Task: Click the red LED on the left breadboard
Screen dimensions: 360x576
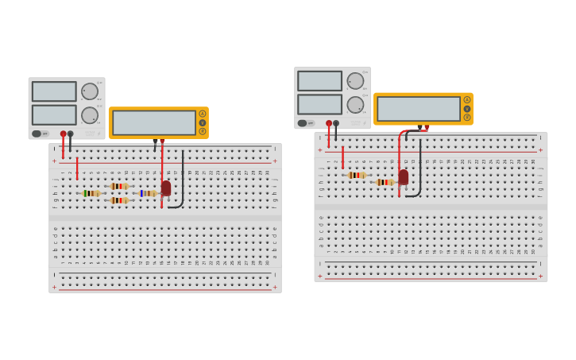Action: [x=166, y=188]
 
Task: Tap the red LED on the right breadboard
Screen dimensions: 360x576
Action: [x=404, y=176]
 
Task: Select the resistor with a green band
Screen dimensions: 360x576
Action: [x=91, y=193]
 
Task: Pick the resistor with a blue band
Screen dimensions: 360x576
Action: [x=147, y=193]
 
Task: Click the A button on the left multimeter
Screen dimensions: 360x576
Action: [x=203, y=114]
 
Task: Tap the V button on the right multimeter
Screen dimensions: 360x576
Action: [x=467, y=108]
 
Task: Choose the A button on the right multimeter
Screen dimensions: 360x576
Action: [x=467, y=99]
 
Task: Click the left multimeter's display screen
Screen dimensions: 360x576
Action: [x=154, y=122]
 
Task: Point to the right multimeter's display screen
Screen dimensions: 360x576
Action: [x=419, y=108]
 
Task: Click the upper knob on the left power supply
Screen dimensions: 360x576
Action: [x=90, y=91]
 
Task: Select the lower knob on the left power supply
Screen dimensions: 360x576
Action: [x=90, y=115]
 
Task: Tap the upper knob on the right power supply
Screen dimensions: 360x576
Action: [x=355, y=80]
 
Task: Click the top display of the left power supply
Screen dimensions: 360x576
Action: [x=54, y=91]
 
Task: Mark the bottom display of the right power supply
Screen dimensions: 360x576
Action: [x=319, y=104]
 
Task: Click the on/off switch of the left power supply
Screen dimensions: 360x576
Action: [x=37, y=134]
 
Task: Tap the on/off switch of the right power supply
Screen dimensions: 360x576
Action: [x=302, y=123]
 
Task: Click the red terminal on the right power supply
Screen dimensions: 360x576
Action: [x=329, y=123]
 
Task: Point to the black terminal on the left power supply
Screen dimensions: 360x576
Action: [x=71, y=134]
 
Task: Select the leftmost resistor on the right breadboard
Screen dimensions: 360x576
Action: [x=357, y=175]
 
